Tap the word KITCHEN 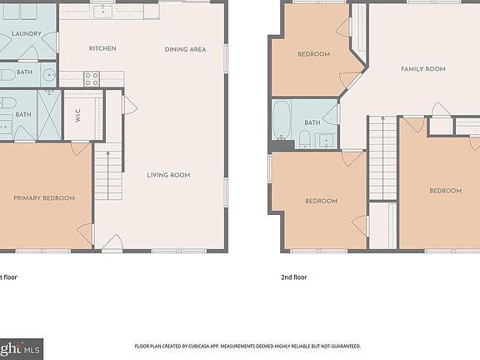(102, 48)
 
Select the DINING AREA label (185, 49)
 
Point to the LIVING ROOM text (168, 175)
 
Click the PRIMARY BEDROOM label (43, 198)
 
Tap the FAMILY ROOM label (422, 69)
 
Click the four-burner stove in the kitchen (91, 80)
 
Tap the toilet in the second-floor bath (305, 138)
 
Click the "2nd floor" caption (294, 277)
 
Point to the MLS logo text (32, 347)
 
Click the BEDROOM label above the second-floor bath (314, 54)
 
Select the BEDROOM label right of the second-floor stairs (445, 191)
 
